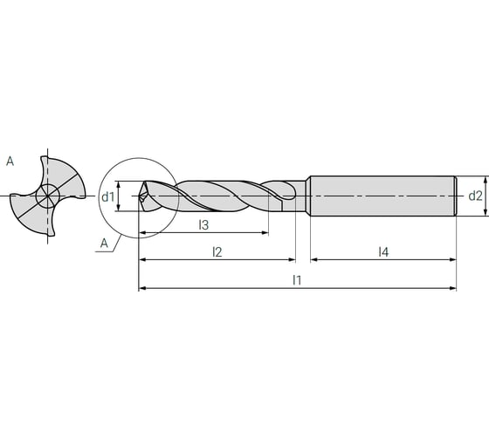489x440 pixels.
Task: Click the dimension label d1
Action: point(107,196)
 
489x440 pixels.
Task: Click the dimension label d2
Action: point(475,196)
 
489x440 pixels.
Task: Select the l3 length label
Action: point(203,225)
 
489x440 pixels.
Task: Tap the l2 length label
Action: point(217,251)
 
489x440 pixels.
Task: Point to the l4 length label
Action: point(383,251)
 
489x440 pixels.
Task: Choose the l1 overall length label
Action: point(297,280)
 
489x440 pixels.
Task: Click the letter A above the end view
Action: point(10,161)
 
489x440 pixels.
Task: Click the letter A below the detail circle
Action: point(104,244)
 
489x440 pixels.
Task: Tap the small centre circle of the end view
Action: point(49,196)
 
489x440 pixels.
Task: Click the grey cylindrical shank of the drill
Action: point(382,196)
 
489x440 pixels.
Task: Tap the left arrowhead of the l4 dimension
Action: point(314,259)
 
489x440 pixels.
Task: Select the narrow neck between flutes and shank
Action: point(302,196)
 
